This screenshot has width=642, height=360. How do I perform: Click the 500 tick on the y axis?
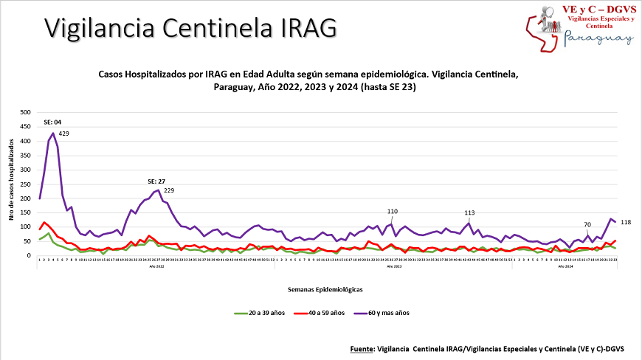tap(25, 113)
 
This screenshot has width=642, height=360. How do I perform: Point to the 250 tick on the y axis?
tap(25, 184)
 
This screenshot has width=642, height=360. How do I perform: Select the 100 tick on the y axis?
tap(25, 227)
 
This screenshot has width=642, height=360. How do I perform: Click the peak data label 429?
tap(63, 134)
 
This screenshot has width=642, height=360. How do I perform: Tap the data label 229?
tap(168, 190)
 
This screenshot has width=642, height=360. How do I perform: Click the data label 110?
tap(393, 211)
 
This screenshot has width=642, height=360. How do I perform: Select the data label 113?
tap(469, 212)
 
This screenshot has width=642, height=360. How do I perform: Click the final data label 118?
tap(624, 222)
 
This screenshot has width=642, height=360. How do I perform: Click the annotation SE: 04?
tap(52, 122)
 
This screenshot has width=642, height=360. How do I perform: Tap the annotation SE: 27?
tap(156, 181)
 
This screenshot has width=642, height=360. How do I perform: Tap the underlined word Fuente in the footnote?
tap(361, 347)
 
